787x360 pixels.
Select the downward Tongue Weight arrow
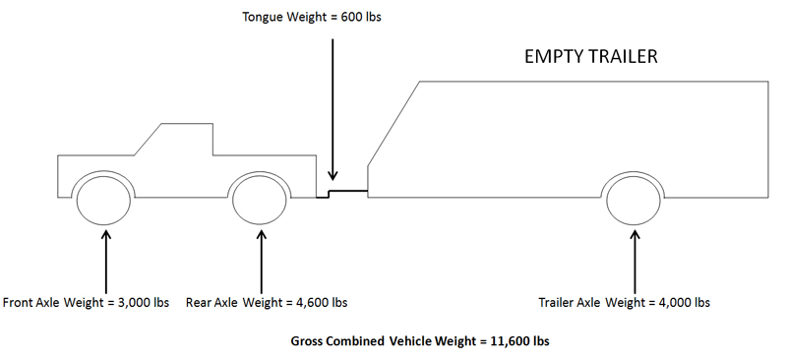click(332, 109)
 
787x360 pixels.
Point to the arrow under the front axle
click(105, 261)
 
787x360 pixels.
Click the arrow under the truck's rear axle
click(261, 261)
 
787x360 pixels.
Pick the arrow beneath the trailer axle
click(635, 261)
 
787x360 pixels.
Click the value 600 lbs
click(361, 17)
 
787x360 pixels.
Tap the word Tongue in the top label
click(264, 18)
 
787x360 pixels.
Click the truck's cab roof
click(187, 124)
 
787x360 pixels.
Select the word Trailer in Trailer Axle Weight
click(555, 303)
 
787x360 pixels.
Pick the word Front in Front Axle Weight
click(17, 303)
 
